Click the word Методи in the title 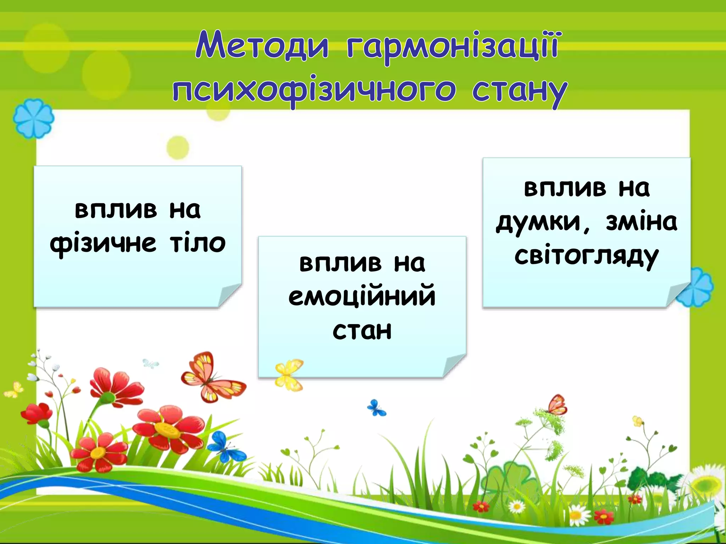pos(262,46)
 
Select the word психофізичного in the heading pos(314,90)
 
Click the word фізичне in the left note pos(103,244)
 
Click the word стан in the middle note pos(362,331)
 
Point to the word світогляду pos(586,256)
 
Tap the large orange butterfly pos(212,377)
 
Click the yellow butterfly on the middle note pos(289,375)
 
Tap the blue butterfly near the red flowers pos(225,447)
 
